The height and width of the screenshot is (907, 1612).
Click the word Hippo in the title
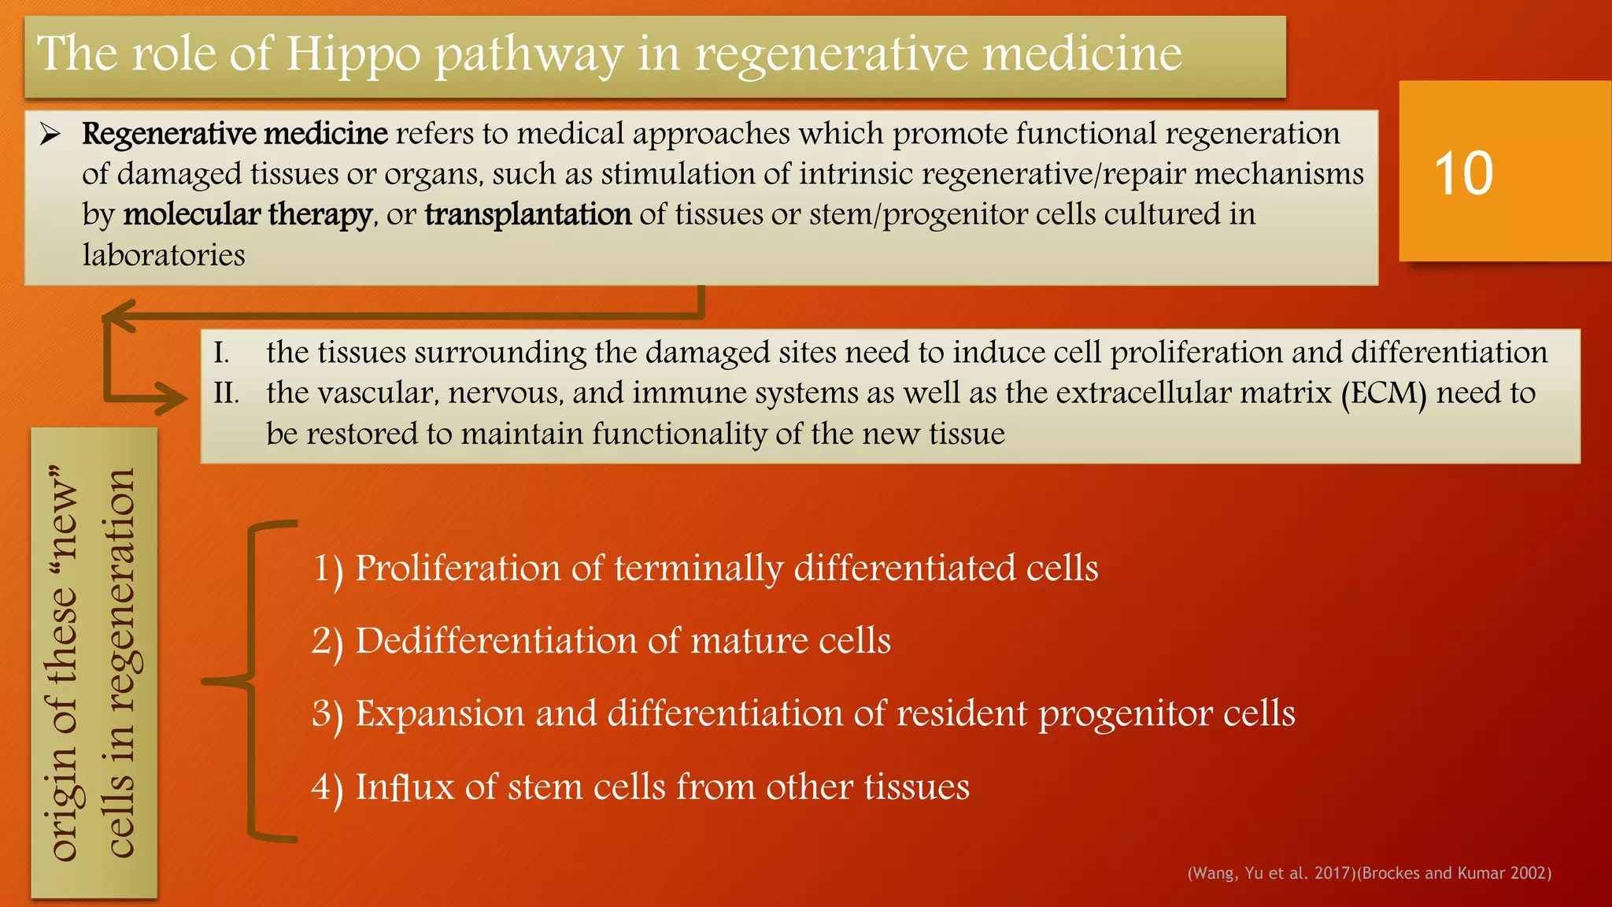click(353, 55)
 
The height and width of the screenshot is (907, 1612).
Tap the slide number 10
click(1463, 174)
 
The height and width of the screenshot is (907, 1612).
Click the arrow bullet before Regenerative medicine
click(51, 135)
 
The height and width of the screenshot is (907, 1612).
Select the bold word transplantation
click(528, 215)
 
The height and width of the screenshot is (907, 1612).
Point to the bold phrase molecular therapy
click(247, 215)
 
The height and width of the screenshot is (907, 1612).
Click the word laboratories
click(164, 255)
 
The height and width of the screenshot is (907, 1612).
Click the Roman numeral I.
click(221, 353)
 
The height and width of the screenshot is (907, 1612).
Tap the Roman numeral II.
click(226, 393)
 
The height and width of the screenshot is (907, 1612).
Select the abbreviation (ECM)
click(1384, 393)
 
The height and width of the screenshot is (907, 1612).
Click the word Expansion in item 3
click(439, 714)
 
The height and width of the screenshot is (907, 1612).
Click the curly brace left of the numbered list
click(250, 681)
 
